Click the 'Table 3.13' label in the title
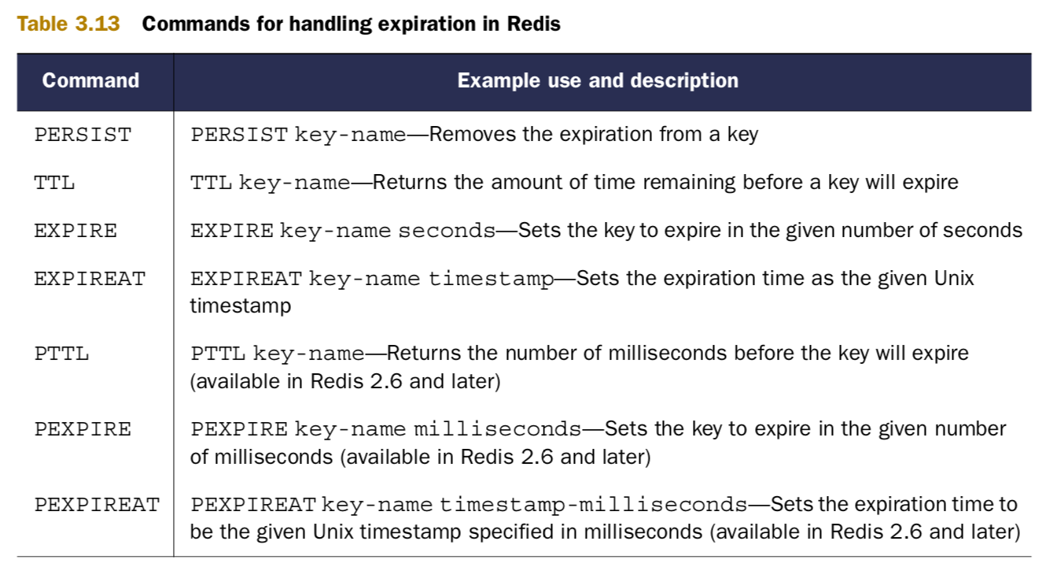(68, 24)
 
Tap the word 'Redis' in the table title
(534, 24)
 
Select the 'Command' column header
(90, 80)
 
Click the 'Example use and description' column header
(598, 80)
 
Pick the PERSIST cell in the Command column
(83, 135)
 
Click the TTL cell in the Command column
(55, 183)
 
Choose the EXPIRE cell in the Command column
(75, 232)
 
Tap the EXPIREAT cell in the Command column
(90, 280)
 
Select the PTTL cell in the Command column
(62, 354)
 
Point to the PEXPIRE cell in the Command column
(83, 430)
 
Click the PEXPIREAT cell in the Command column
(98, 506)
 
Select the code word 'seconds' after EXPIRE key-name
(447, 231)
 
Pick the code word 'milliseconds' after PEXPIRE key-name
(498, 430)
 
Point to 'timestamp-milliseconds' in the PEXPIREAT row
(594, 506)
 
